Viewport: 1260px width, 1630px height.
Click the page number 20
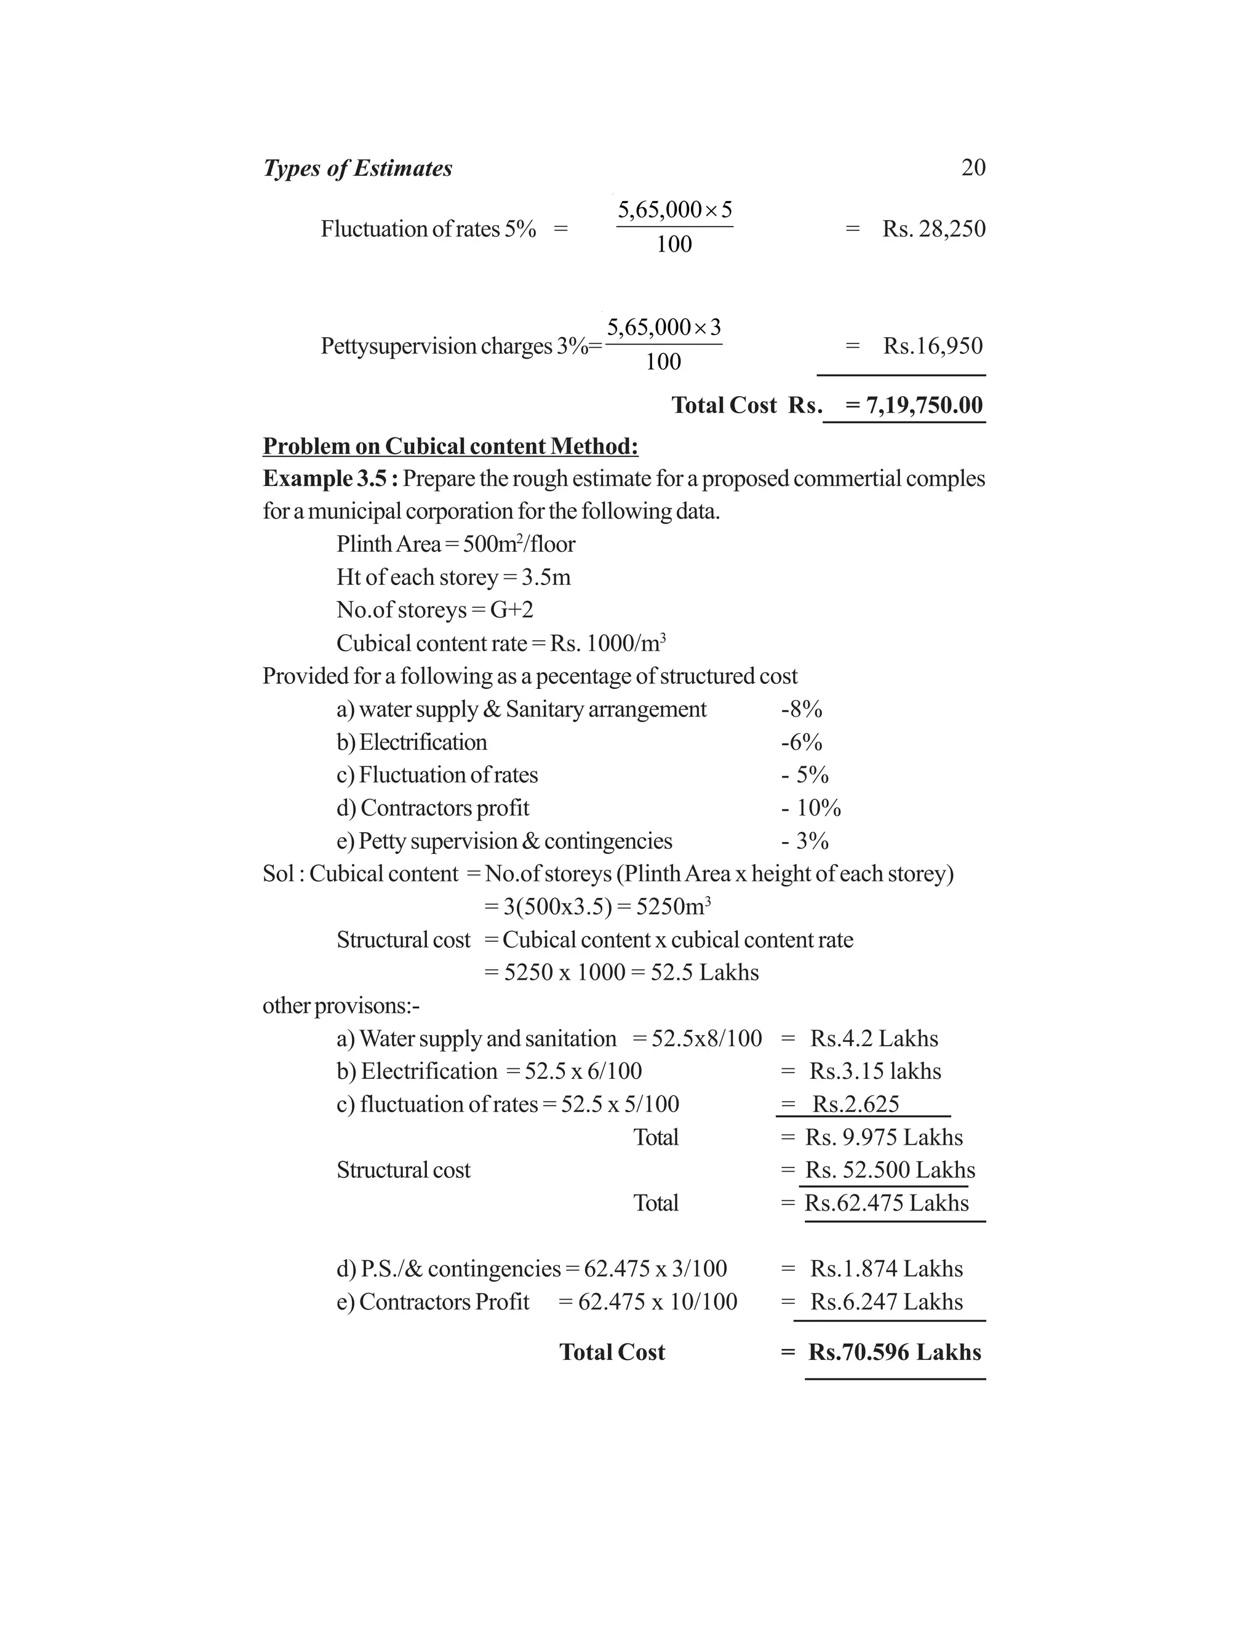(973, 167)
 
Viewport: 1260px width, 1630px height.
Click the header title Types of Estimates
(357, 169)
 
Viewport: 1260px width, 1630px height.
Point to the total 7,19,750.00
(924, 405)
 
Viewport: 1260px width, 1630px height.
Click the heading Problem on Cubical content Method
(450, 447)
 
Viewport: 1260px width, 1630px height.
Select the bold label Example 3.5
(329, 479)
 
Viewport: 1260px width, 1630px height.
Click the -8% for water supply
(801, 709)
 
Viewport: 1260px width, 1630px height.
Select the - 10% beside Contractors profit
(811, 808)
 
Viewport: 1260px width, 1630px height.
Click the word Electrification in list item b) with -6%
(423, 742)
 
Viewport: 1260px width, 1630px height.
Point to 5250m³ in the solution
(671, 907)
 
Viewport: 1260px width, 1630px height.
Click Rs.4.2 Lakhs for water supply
(874, 1038)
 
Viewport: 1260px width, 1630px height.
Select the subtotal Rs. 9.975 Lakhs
(884, 1137)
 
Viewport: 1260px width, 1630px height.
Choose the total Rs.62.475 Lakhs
(886, 1203)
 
